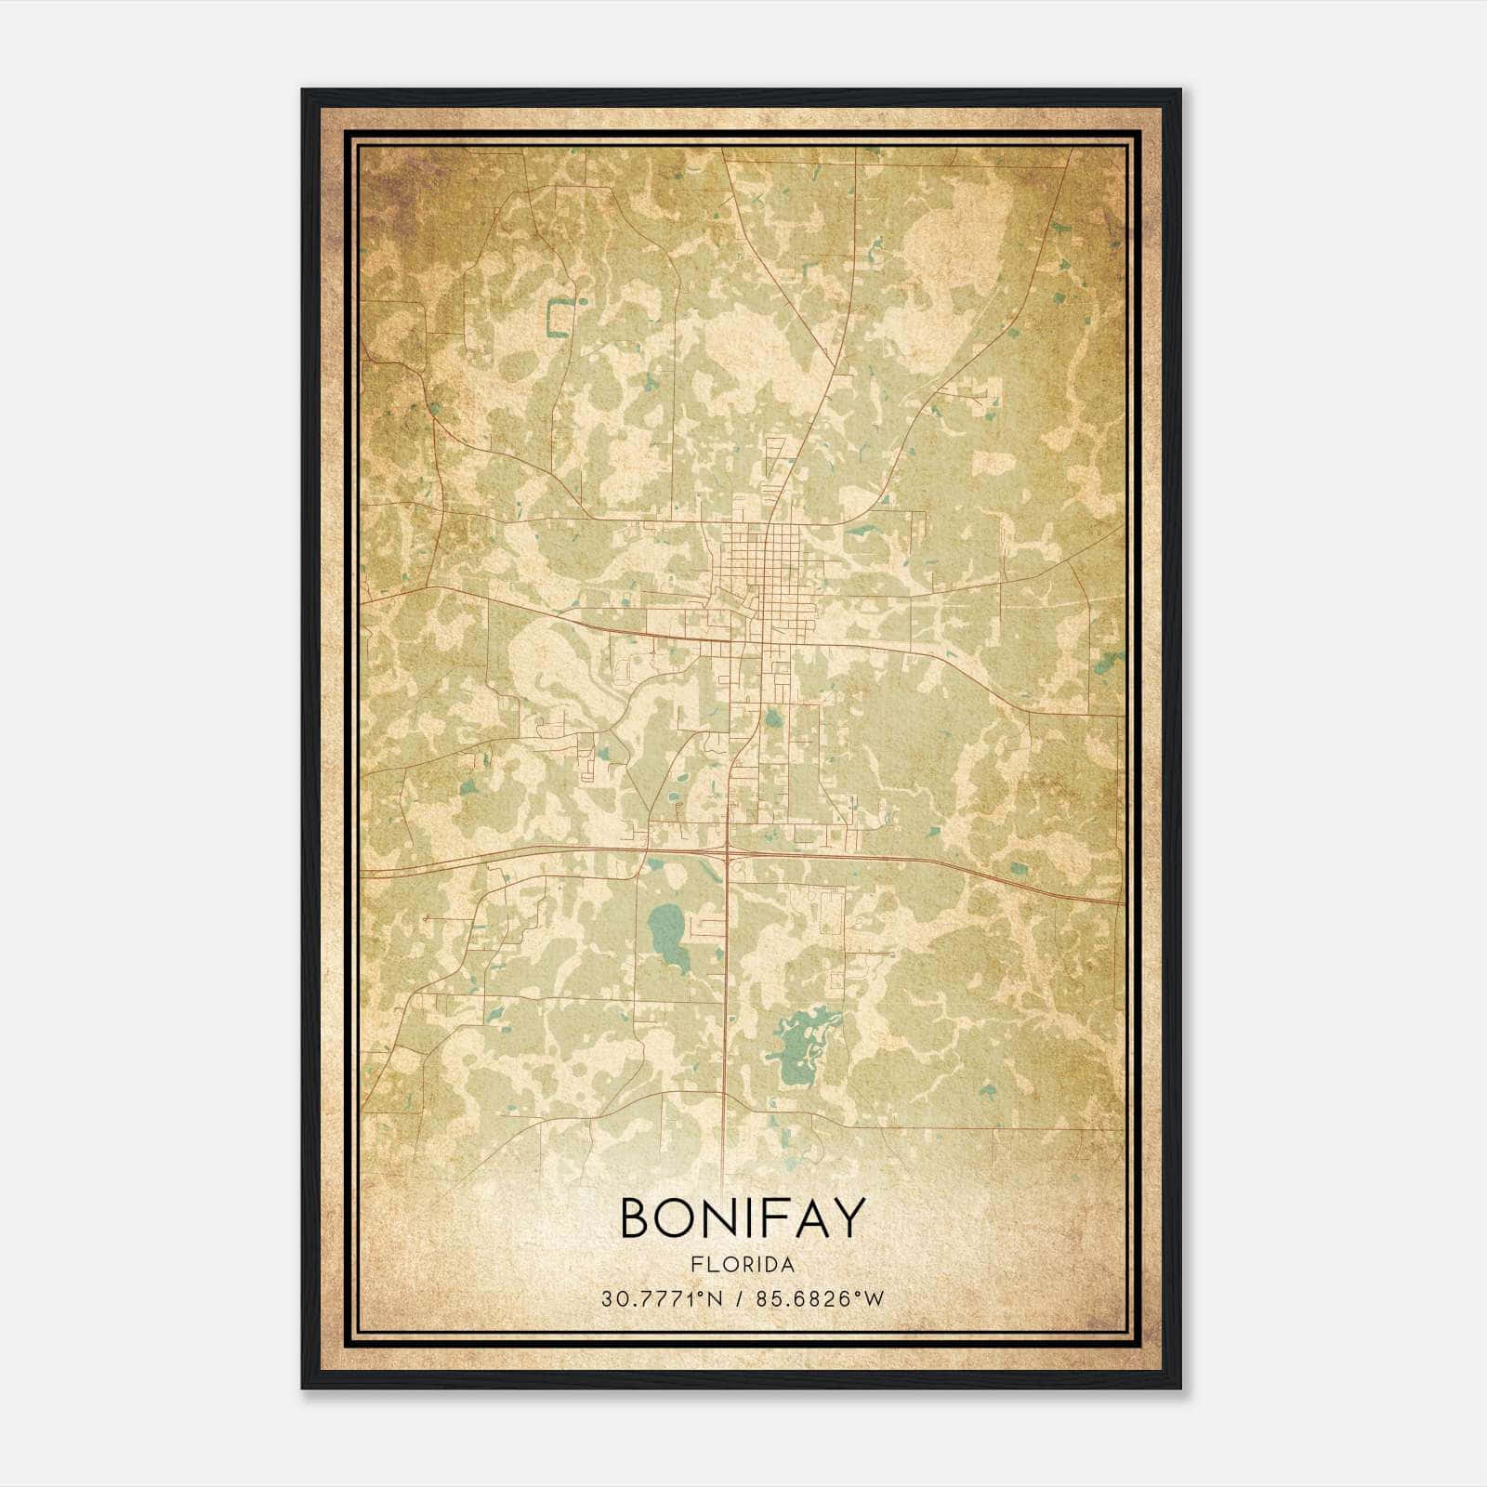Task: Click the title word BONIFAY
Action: [742, 1218]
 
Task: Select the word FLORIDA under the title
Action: [742, 1265]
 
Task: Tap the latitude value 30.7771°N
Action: [662, 1298]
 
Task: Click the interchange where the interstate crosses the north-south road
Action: [728, 852]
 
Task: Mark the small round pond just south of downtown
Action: [771, 718]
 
